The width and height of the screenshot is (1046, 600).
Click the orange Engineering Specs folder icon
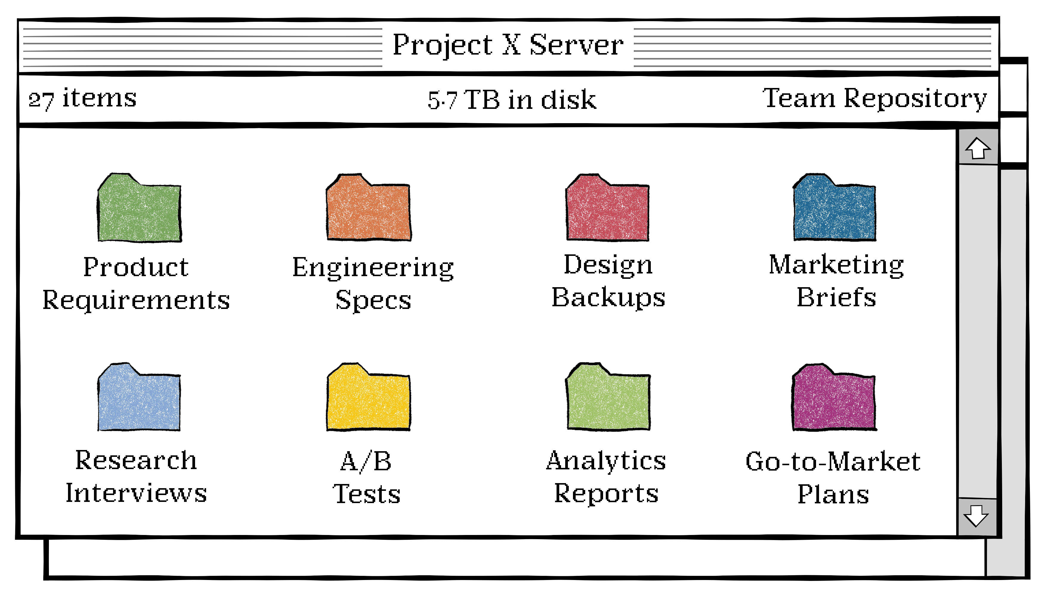[x=368, y=209]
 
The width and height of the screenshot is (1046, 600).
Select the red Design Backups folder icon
[x=608, y=209]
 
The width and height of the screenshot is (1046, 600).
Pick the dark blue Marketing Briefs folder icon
[x=834, y=209]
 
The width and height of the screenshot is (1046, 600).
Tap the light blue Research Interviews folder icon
[x=139, y=399]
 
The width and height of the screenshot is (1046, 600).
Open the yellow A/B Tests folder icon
[x=368, y=399]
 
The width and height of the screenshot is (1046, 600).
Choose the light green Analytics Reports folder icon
[x=608, y=399]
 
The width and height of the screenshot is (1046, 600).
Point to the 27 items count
[x=82, y=99]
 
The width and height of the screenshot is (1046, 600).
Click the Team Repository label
[x=875, y=99]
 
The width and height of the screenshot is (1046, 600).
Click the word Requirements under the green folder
[x=136, y=300]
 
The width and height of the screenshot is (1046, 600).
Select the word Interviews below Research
[x=136, y=493]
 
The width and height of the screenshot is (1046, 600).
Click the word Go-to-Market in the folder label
[x=832, y=462]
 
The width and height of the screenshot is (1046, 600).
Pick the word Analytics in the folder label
[x=606, y=461]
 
